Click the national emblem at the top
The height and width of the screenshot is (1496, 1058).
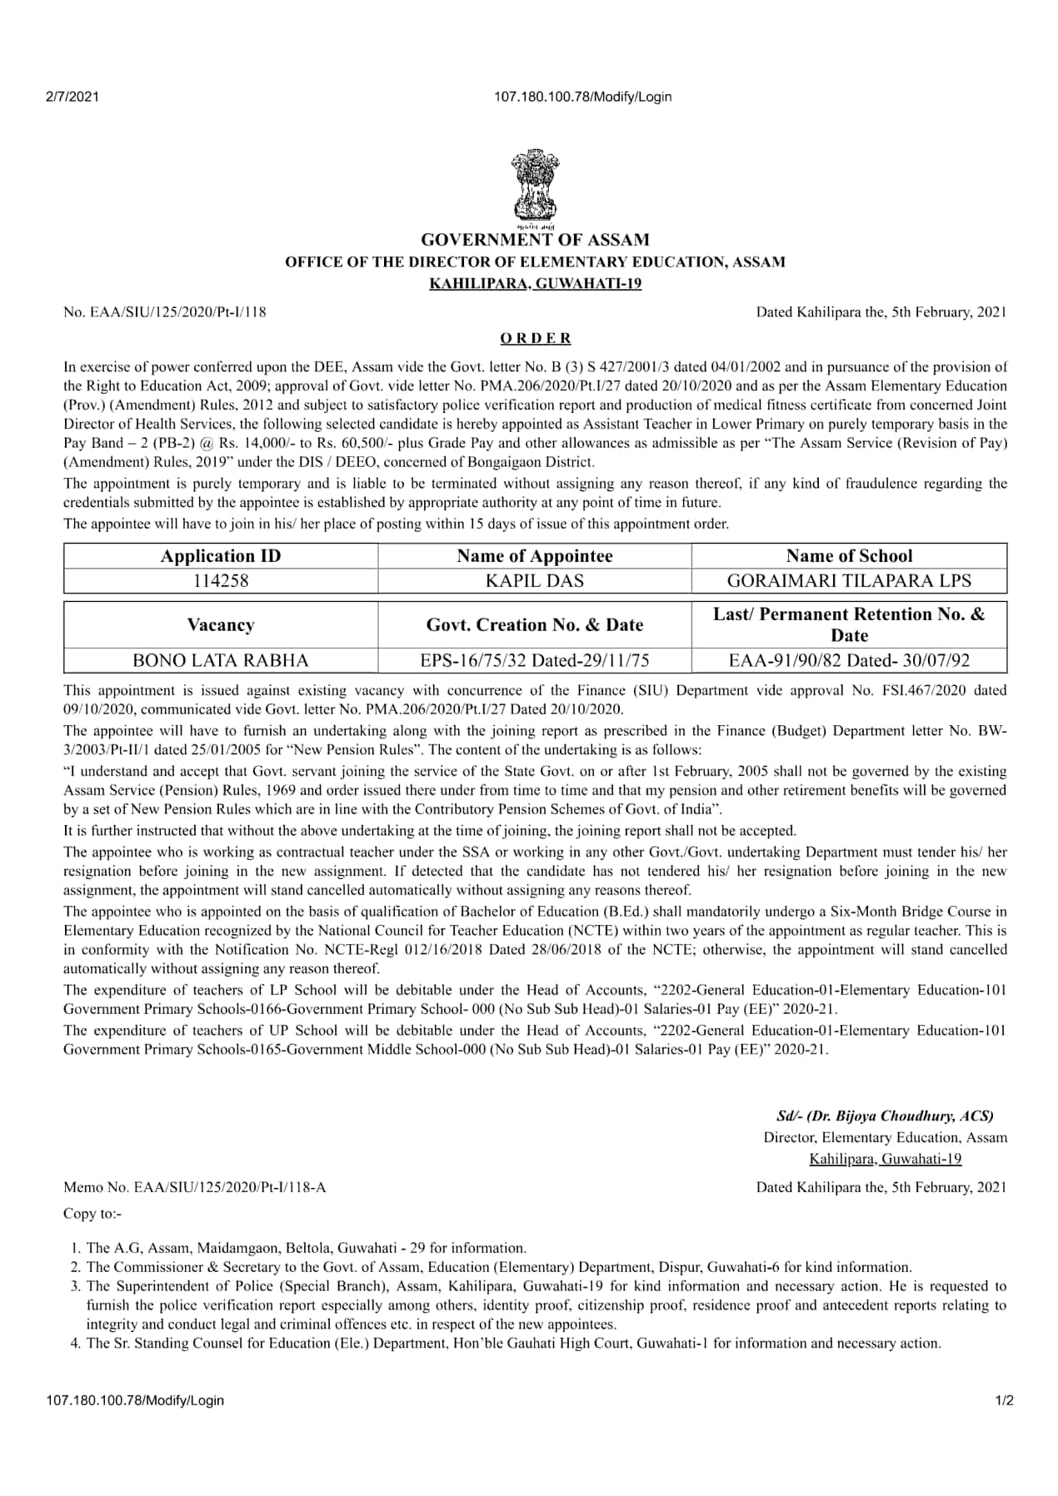534,185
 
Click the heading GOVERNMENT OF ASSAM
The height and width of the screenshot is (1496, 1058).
535,240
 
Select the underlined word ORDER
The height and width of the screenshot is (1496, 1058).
535,338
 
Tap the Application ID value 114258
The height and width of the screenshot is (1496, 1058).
221,580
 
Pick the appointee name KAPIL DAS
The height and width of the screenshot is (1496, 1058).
535,580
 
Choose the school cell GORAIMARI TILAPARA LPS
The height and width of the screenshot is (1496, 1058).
849,580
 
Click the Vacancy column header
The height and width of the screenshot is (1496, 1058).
221,625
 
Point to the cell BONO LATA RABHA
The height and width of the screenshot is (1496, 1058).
221,660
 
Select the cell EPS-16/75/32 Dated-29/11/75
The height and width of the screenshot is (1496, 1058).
535,660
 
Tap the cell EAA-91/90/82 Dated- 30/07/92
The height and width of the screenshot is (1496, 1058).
849,660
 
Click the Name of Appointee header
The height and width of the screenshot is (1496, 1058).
535,556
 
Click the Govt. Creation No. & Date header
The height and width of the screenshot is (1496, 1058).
535,625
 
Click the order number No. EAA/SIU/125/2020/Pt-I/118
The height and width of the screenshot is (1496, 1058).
165,312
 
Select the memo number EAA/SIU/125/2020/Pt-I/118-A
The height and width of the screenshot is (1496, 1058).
195,1187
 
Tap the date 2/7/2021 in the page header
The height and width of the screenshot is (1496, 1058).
72,97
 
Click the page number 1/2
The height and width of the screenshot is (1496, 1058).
1004,1400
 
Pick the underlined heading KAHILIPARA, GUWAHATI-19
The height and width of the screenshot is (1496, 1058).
535,284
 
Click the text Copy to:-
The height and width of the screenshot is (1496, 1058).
92,1213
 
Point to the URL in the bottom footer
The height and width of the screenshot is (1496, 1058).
136,1400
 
